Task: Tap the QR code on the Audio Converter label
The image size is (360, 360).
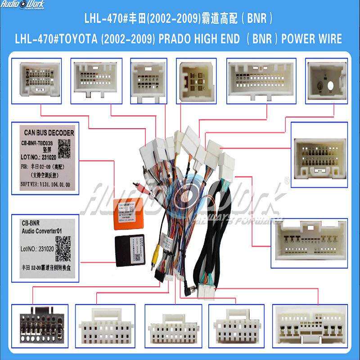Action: point(63,247)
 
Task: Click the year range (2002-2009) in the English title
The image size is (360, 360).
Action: point(126,39)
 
